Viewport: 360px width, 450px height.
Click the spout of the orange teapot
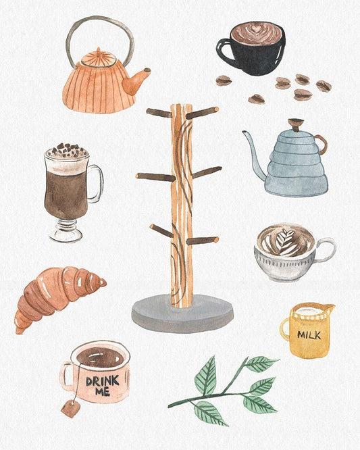135,82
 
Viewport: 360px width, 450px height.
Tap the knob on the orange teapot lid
99,51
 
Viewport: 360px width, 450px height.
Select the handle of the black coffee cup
223,51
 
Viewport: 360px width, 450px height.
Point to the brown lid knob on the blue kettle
296,124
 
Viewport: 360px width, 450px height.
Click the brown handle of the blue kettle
322,145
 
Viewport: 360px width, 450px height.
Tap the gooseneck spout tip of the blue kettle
245,132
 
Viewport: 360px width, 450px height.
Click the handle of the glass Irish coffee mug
97,184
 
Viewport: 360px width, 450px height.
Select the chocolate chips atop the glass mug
67,150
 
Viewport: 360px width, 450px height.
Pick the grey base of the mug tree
182,314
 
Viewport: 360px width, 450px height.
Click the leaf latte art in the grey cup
284,242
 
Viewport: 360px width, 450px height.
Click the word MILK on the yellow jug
309,334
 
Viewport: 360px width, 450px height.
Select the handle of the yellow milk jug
286,329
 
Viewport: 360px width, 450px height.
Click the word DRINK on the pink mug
103,381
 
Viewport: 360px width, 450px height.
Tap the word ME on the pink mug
103,392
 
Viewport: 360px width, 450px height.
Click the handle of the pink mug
65,376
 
